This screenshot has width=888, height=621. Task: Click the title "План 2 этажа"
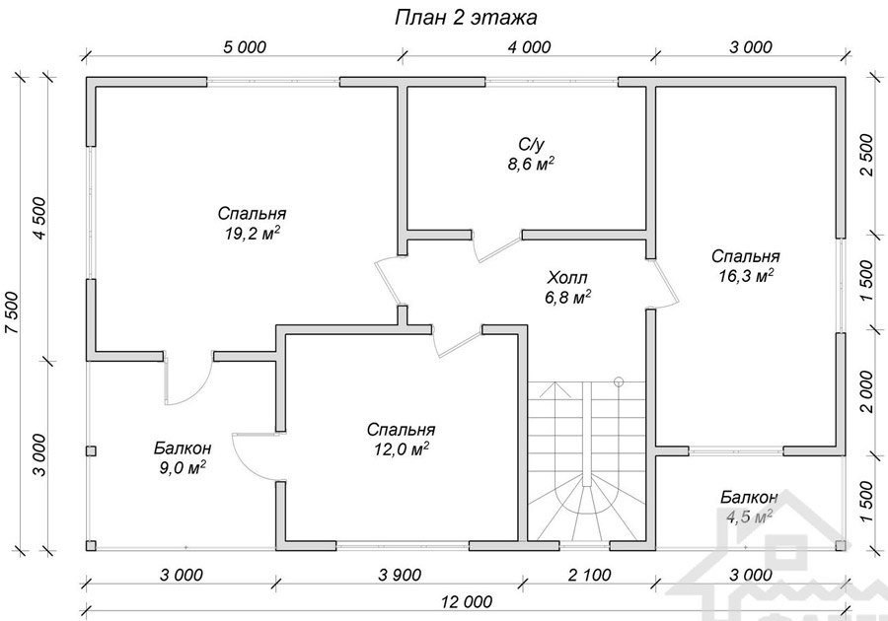coord(466,18)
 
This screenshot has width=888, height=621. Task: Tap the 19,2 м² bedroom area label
coord(253,233)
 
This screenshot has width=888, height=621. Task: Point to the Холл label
coord(567,278)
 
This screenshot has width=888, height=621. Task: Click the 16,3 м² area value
coord(746,275)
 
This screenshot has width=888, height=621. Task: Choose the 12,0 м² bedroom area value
coord(401,449)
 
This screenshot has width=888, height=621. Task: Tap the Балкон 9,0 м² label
coord(183,457)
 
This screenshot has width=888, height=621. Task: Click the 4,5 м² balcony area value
coord(749,517)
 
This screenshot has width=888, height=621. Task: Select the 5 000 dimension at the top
coord(244,47)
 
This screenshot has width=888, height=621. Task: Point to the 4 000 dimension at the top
coord(529,47)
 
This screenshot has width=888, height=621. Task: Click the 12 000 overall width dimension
coord(466,601)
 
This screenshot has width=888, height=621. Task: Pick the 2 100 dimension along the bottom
coord(590,576)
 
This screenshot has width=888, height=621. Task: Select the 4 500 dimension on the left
coord(40,218)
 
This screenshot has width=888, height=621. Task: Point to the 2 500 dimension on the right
coord(867,155)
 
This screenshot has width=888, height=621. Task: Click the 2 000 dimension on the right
coord(867,392)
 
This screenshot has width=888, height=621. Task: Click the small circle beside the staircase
coord(618,381)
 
